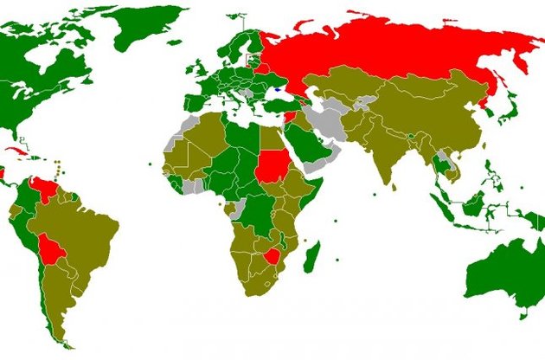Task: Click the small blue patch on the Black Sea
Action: tap(276, 88)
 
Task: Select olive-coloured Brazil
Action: tap(87, 234)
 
